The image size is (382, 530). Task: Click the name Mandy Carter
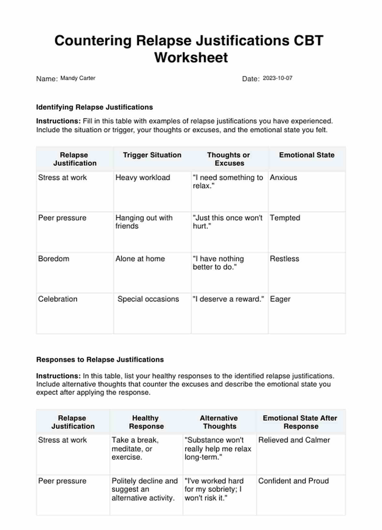[78, 78]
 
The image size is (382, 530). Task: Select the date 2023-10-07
[277, 78]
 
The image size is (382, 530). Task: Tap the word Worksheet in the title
[191, 58]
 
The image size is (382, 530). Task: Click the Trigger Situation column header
[152, 155]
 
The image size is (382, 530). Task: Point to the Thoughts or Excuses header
[229, 159]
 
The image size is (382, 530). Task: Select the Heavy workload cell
[143, 178]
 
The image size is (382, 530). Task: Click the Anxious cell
[284, 178]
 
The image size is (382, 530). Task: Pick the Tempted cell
[285, 218]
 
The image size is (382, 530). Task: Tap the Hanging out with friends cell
[144, 222]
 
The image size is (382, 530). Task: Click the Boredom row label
[54, 259]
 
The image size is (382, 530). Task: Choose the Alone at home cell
[140, 259]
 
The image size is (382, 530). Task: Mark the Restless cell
[285, 259]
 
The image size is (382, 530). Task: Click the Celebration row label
[58, 299]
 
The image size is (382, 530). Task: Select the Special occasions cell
[148, 299]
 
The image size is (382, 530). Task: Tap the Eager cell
[280, 299]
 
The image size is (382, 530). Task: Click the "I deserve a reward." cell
[228, 299]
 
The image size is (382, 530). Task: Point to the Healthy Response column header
[146, 422]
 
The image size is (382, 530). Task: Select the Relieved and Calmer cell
[294, 440]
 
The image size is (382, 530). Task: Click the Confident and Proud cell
[293, 481]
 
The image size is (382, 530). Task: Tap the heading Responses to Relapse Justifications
[100, 360]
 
